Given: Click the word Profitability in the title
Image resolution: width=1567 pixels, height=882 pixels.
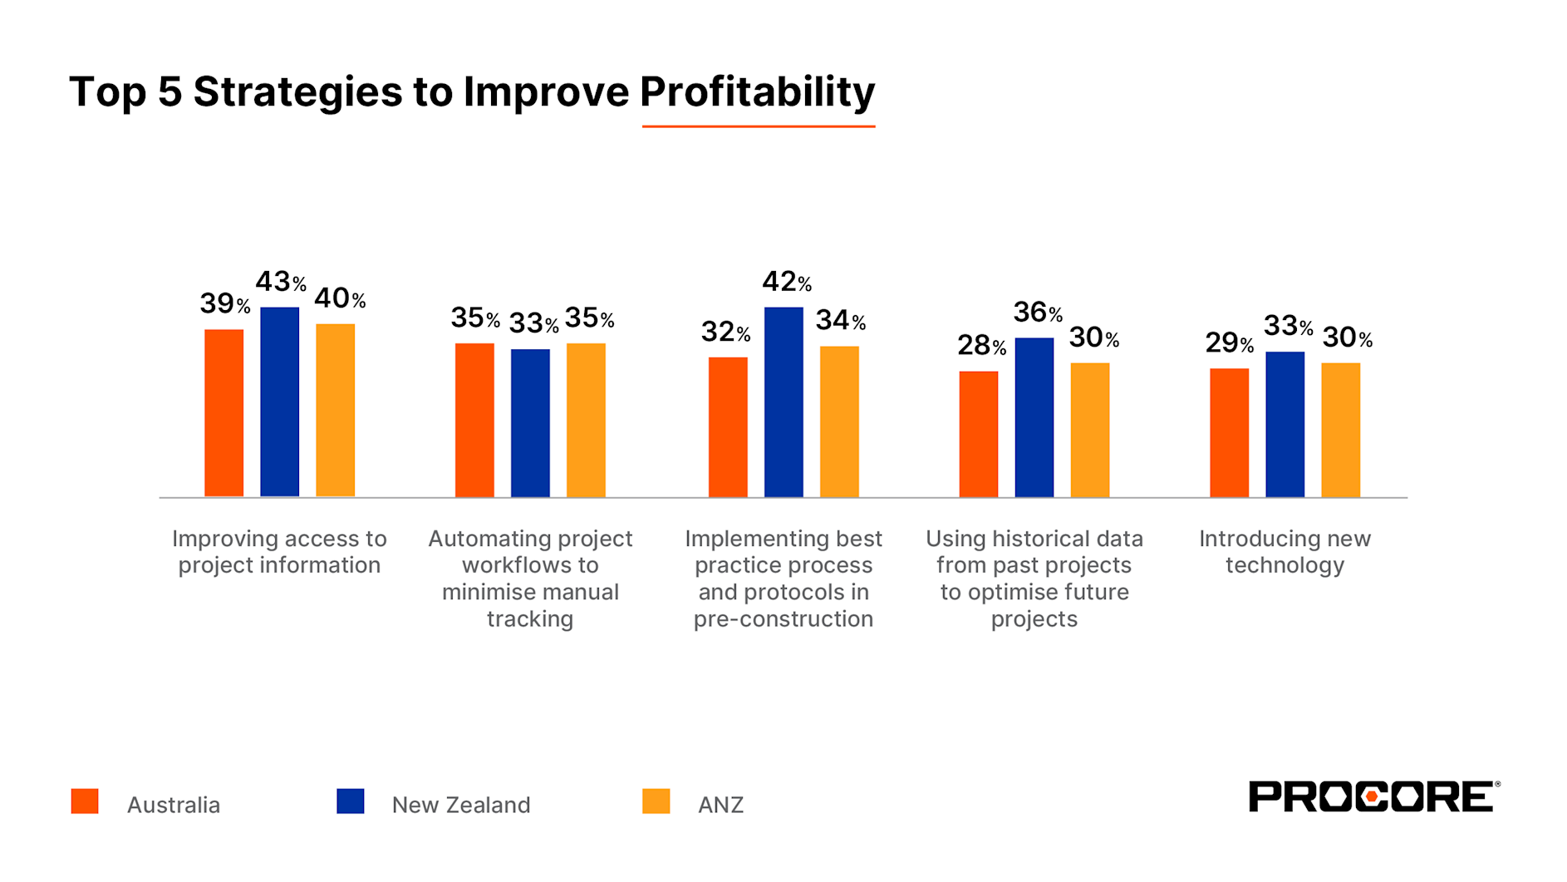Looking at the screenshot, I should click(x=757, y=91).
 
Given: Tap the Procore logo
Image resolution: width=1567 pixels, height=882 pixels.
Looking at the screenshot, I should click(x=1373, y=796).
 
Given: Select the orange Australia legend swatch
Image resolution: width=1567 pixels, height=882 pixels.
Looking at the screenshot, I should click(x=85, y=801).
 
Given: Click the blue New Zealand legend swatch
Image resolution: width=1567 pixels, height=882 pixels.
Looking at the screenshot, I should click(x=350, y=801).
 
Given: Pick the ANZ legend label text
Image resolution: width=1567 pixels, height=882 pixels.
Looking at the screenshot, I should click(x=720, y=805).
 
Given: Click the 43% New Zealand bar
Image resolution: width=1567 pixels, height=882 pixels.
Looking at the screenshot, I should click(x=279, y=402).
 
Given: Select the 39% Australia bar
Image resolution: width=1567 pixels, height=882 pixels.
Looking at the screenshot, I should click(x=224, y=413).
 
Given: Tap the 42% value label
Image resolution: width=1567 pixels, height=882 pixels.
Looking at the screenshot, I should click(x=786, y=282).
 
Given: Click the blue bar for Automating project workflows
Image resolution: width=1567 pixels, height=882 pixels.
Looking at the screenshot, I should click(x=530, y=423).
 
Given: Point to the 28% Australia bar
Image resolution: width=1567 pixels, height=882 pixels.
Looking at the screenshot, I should click(x=978, y=434).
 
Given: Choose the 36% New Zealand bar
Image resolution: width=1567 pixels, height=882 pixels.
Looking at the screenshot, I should click(x=1034, y=417).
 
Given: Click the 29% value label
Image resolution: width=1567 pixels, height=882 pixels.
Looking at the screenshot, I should click(x=1229, y=342).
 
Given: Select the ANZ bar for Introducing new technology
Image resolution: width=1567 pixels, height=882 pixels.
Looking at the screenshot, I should click(x=1340, y=430).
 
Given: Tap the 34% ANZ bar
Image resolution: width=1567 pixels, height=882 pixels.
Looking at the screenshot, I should click(x=839, y=421).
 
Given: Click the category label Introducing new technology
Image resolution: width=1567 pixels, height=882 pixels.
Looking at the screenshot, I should click(x=1285, y=552).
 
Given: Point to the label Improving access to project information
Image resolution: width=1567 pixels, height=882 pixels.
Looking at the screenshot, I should click(x=279, y=552).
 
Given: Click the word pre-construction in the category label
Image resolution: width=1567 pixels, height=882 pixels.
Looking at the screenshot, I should click(x=783, y=619).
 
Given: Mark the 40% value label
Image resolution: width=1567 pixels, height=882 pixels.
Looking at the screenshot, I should click(x=339, y=298).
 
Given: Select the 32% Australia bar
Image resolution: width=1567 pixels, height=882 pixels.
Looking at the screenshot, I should click(x=728, y=427).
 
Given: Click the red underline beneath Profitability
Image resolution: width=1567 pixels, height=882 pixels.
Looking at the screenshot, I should click(x=758, y=126).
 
